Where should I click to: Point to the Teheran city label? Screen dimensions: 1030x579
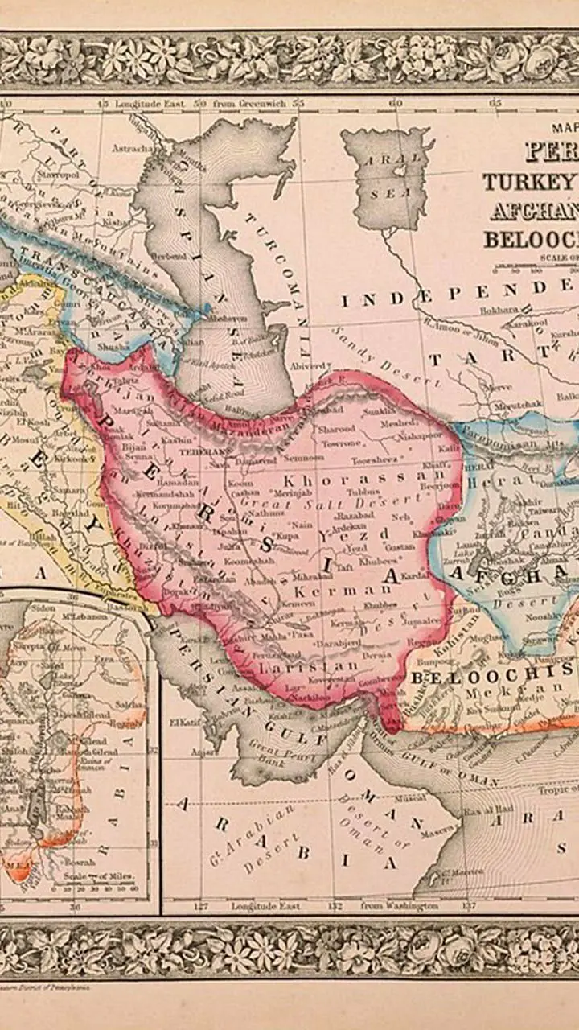point(199,452)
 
